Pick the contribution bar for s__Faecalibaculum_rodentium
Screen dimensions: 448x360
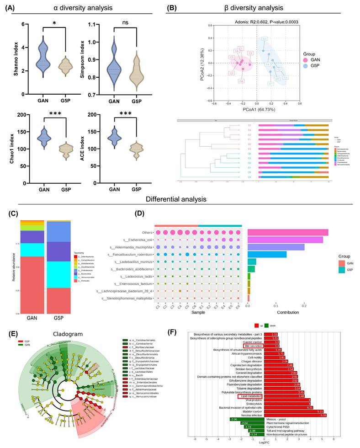click(267, 254)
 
